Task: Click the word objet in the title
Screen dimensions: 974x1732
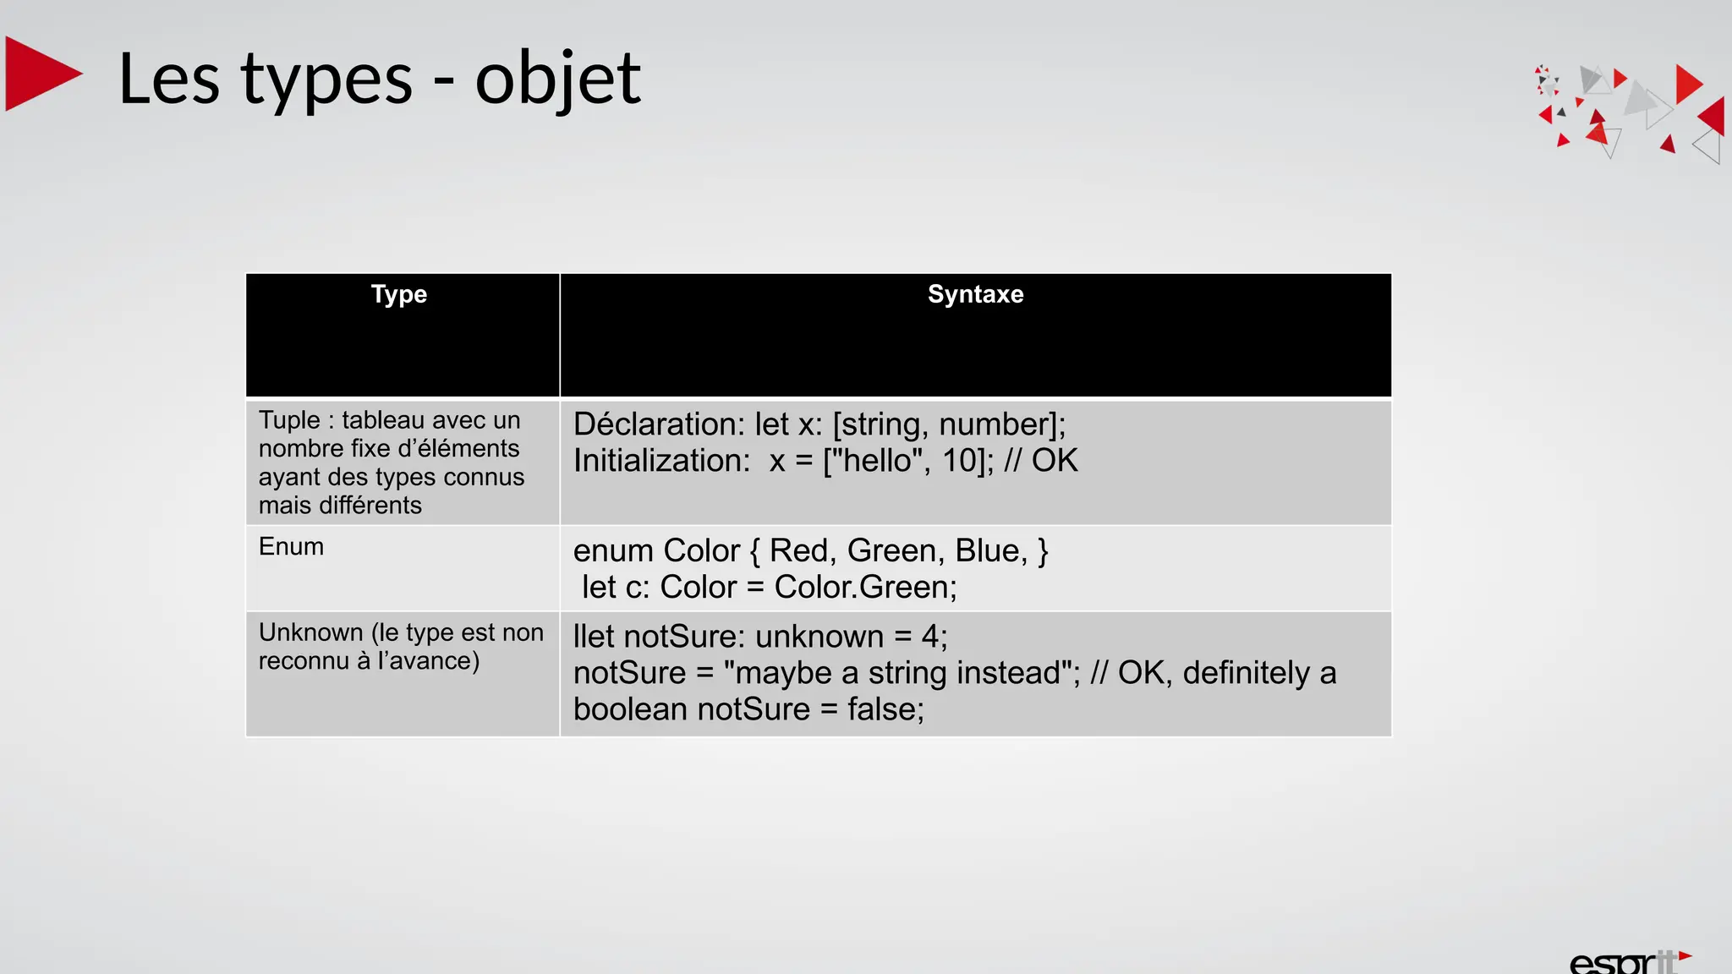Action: tap(557, 79)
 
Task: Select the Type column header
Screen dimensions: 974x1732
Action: tap(399, 294)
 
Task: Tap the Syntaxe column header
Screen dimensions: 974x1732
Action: tap(975, 294)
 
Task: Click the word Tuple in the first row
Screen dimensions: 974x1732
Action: tap(289, 420)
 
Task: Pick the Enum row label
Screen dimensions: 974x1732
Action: tap(291, 547)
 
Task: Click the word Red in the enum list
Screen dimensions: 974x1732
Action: tap(798, 551)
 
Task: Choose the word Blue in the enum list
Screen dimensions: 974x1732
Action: tap(989, 551)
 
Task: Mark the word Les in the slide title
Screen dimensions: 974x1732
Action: tap(169, 79)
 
